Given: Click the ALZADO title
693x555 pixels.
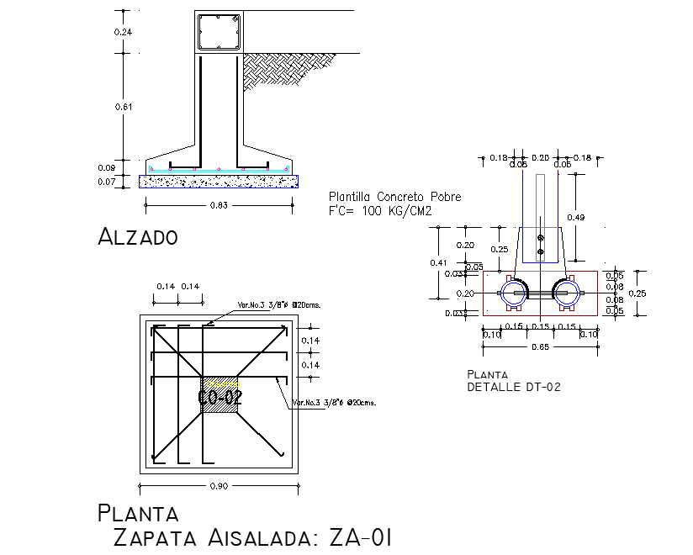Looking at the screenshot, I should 138,236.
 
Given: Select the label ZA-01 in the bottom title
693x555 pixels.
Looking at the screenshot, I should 355,538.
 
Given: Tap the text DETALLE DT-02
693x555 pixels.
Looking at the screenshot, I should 513,387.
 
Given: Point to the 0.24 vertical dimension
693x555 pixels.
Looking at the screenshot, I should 123,32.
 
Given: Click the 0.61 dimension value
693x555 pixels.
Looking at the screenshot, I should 123,107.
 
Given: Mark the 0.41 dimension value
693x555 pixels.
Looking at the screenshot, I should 439,262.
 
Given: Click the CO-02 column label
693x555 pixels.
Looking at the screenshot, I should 220,397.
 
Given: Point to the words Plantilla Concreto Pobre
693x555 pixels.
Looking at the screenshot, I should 394,197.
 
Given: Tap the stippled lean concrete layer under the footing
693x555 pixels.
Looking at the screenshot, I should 219,180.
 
